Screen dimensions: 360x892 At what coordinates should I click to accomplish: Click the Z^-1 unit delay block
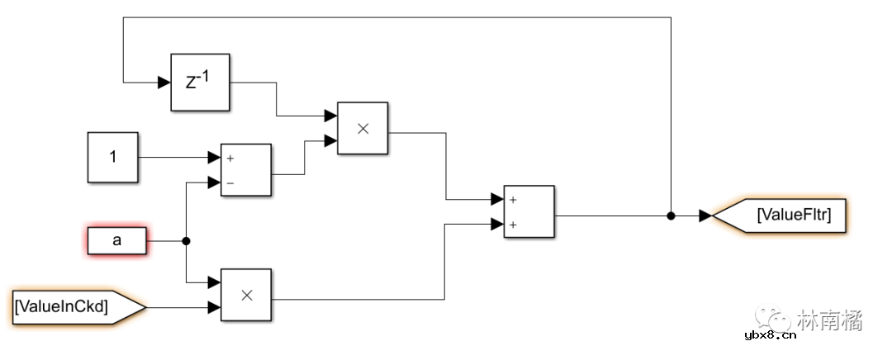pyautogui.click(x=199, y=83)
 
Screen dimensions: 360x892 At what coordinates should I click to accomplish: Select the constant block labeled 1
pyautogui.click(x=113, y=156)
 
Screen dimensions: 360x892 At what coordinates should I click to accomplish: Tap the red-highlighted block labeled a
pyautogui.click(x=116, y=241)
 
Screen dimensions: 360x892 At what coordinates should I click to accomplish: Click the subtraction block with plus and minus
pyautogui.click(x=246, y=169)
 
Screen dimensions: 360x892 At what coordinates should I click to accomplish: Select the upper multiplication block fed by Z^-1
pyautogui.click(x=363, y=128)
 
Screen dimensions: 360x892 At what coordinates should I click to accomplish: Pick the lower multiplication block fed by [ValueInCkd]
pyautogui.click(x=246, y=296)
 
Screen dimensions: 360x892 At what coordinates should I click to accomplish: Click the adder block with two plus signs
pyautogui.click(x=529, y=211)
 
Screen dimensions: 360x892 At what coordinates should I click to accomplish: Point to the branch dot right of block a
pyautogui.click(x=186, y=241)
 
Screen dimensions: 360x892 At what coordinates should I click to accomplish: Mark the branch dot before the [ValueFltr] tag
pyautogui.click(x=671, y=216)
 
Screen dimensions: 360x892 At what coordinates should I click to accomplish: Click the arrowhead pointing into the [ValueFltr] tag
pyautogui.click(x=705, y=216)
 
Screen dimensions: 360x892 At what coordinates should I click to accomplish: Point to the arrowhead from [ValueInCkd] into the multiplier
pyautogui.click(x=214, y=308)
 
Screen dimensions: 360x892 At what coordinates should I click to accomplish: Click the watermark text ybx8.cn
pyautogui.click(x=770, y=335)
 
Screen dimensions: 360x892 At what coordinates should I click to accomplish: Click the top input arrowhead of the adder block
pyautogui.click(x=497, y=199)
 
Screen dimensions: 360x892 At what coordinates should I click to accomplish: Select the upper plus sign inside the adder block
pyautogui.click(x=513, y=199)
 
